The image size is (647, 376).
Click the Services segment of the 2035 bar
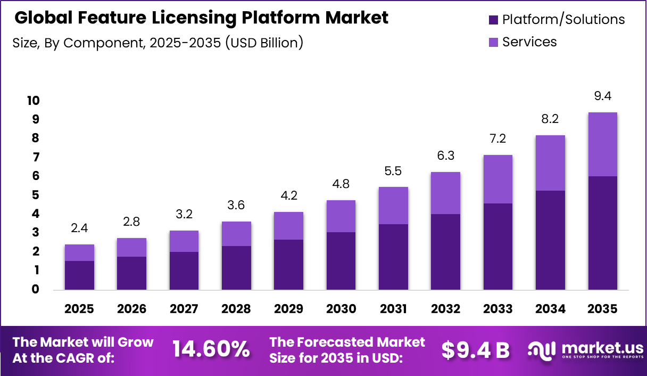[602, 144]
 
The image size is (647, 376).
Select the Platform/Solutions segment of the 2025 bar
[79, 275]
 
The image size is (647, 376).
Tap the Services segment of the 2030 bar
[341, 216]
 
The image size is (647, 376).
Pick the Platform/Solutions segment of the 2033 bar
[498, 247]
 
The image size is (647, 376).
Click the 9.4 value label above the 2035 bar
[602, 96]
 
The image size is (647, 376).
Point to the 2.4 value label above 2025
[79, 228]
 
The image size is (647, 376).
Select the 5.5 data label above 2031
[393, 171]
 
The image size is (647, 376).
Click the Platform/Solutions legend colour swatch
[493, 20]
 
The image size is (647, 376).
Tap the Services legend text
[529, 42]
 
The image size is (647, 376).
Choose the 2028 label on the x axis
[236, 309]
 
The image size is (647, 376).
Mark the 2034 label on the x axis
[550, 309]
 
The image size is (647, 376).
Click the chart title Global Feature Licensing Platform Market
[201, 18]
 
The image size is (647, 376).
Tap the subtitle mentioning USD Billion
[157, 43]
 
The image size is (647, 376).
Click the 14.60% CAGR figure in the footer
[211, 349]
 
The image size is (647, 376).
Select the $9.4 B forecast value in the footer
[475, 349]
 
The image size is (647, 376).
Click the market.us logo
[584, 350]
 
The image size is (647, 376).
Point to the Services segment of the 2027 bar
[184, 241]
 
